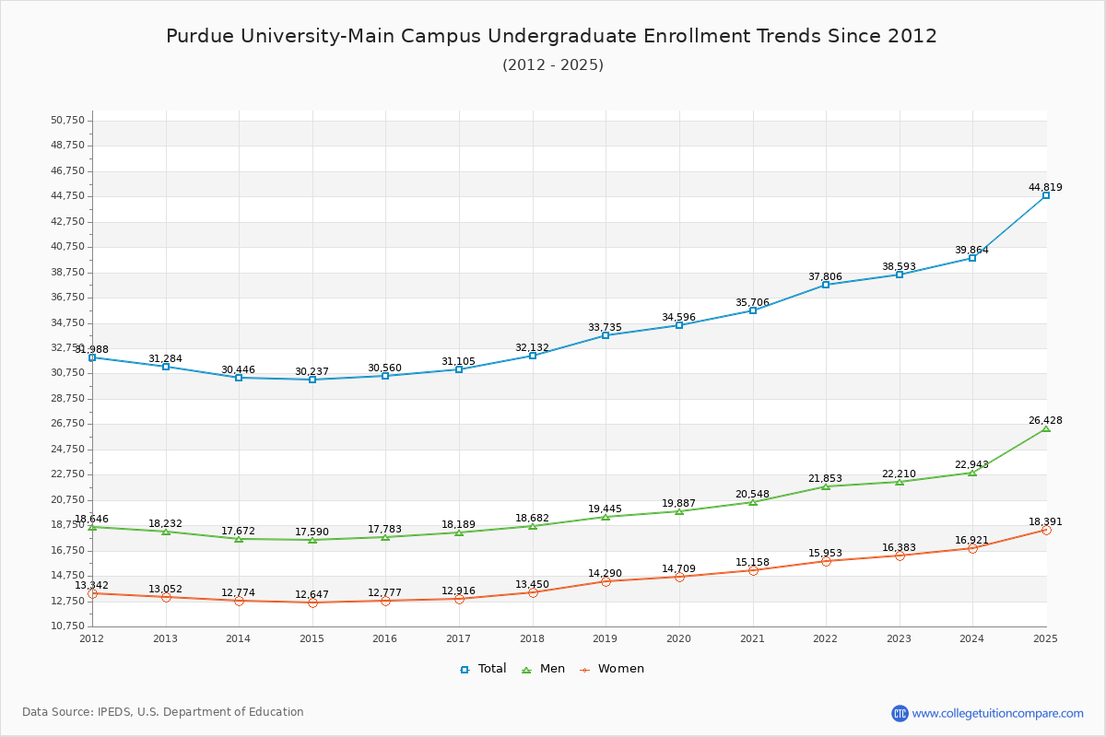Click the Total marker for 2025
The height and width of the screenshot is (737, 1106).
(1046, 195)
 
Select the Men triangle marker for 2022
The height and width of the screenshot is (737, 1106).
(826, 486)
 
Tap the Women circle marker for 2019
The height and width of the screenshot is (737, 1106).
(606, 581)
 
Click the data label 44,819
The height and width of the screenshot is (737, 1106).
(1045, 187)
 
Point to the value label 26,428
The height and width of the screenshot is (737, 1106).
(1045, 420)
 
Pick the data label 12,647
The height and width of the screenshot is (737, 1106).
(312, 594)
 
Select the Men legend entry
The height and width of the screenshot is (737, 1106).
(545, 669)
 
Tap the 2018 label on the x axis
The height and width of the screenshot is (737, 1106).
(532, 638)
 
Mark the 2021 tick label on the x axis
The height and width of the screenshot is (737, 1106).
(752, 638)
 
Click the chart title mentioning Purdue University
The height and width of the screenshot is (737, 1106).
(551, 36)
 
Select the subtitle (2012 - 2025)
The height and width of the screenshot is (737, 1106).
(552, 64)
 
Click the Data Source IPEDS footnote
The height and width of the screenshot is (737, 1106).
(163, 712)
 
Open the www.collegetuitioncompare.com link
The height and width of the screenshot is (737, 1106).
(997, 713)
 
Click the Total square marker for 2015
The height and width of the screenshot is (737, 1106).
(312, 380)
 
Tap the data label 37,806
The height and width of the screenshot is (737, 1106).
(826, 276)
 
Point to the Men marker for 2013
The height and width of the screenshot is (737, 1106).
(166, 532)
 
